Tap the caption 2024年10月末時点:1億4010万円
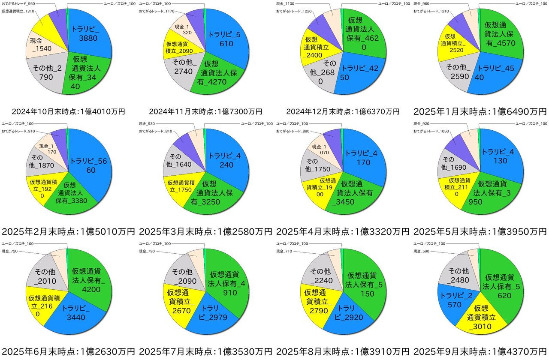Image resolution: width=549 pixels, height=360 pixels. tap(68, 112)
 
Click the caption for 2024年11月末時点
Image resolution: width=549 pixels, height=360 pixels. tap(205, 112)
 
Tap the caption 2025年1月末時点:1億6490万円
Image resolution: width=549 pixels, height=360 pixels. tap(480, 112)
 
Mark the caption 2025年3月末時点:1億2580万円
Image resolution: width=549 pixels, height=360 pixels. tap(205, 232)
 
